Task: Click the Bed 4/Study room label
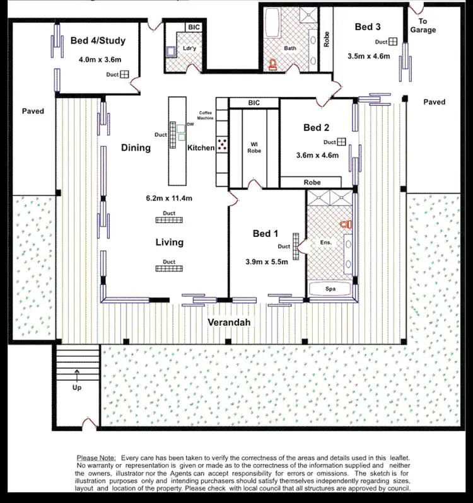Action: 98,41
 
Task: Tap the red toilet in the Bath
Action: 273,64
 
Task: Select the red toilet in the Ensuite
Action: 344,224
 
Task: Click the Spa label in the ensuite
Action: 330,289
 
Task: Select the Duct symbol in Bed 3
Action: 392,42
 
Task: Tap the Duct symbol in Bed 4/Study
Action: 125,74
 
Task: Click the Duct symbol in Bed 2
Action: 341,142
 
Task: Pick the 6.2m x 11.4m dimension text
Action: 168,198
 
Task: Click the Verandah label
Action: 230,323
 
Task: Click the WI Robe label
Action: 254,147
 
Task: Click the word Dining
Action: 136,148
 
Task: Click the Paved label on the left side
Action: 33,111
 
